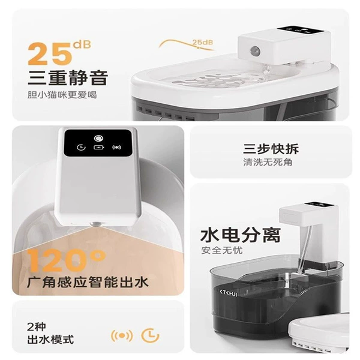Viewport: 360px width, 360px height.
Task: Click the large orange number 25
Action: [x=49, y=54]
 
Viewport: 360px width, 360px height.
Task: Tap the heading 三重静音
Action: [x=68, y=78]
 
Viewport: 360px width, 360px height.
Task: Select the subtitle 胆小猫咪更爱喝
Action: [x=62, y=95]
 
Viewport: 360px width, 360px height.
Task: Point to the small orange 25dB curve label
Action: [x=203, y=42]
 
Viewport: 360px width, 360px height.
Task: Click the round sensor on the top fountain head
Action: [x=254, y=49]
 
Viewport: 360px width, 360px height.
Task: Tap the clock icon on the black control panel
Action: [x=81, y=147]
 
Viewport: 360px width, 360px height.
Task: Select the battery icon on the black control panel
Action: [x=99, y=147]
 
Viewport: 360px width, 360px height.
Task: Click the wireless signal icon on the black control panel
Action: [x=116, y=147]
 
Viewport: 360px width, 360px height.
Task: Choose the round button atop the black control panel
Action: [x=99, y=139]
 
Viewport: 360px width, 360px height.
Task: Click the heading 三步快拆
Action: [x=271, y=149]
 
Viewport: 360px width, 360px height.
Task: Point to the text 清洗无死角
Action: [x=268, y=163]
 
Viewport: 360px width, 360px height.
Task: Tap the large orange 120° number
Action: [x=67, y=260]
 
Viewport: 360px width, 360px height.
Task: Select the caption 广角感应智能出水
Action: [x=88, y=282]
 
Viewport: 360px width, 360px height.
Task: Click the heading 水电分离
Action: [x=241, y=235]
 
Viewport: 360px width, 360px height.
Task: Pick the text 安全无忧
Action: [x=222, y=250]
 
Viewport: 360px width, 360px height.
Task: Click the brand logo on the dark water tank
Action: [x=228, y=293]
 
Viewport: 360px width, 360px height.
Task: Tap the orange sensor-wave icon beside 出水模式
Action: [x=122, y=336]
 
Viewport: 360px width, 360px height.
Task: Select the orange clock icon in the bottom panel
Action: [x=150, y=335]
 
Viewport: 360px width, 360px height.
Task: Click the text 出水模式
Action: [x=50, y=340]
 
